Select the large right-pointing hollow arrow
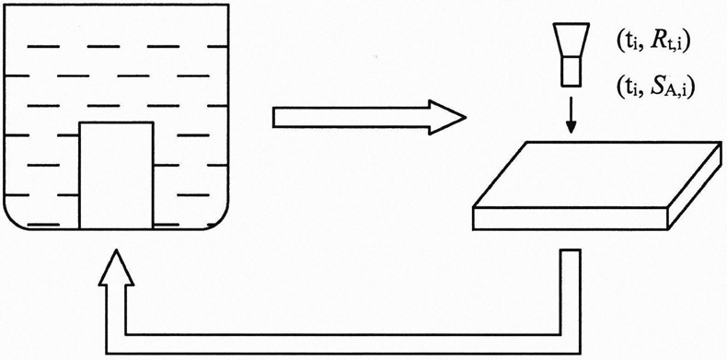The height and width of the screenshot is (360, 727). point(369,117)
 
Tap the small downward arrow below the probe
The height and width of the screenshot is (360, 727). point(571,114)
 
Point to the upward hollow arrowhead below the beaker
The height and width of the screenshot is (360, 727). point(116,268)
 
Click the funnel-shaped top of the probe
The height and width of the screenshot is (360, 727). point(571,41)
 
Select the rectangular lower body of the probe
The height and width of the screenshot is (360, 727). point(571,71)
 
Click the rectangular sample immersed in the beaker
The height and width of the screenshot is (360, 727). point(116,175)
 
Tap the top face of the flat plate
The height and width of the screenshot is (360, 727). point(597,175)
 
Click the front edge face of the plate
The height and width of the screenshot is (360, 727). point(571,219)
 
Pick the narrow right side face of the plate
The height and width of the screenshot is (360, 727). point(695,186)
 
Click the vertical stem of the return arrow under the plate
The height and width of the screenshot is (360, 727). point(571,292)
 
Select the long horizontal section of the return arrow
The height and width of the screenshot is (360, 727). point(343,344)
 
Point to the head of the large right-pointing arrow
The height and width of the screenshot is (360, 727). point(446,117)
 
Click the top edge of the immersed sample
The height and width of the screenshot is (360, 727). point(116,122)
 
